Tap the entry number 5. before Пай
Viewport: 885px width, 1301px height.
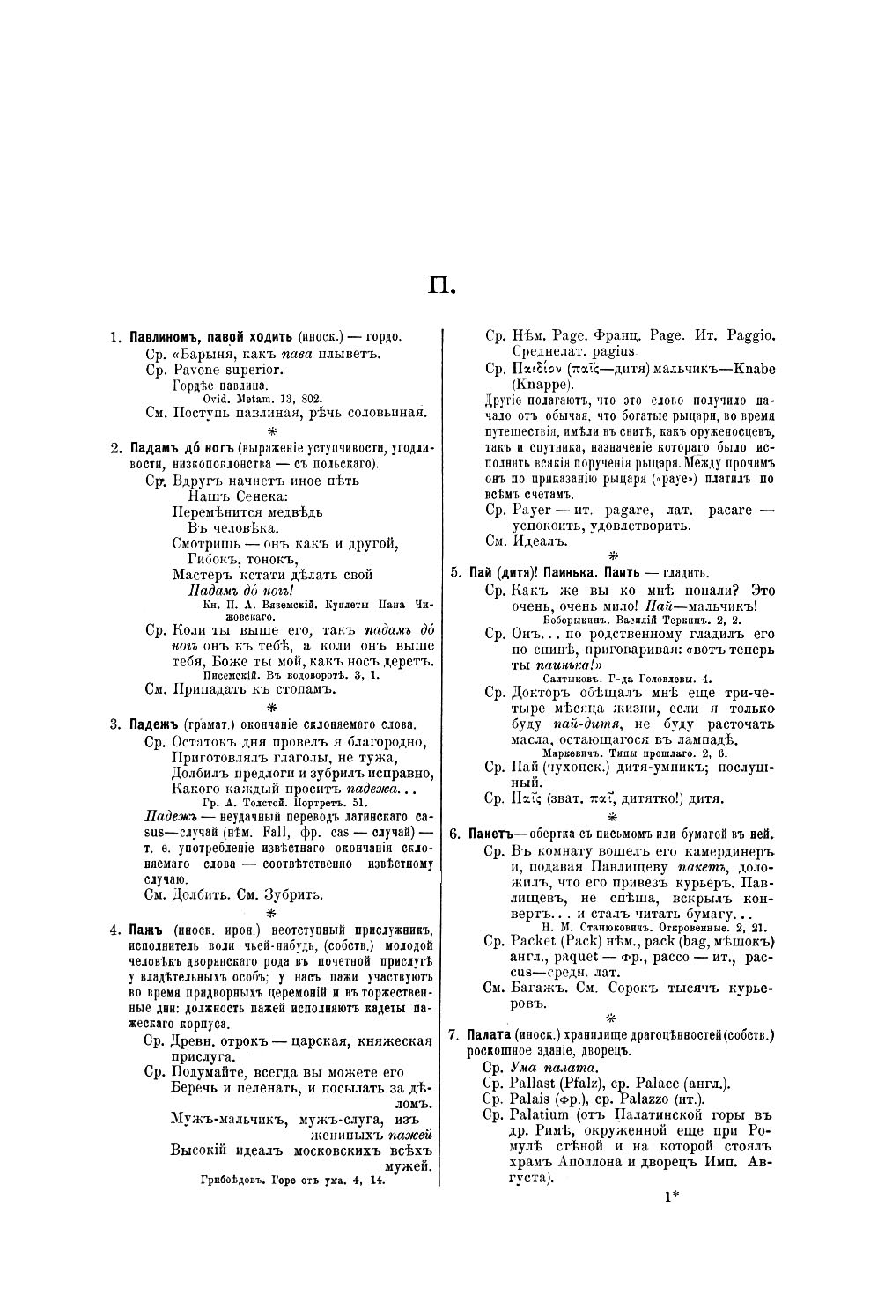click(455, 572)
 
